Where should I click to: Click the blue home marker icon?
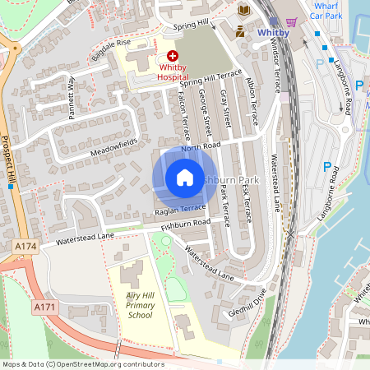[x=185, y=177]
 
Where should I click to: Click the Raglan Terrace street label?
[x=179, y=210]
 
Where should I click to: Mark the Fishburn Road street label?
[x=186, y=223]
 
